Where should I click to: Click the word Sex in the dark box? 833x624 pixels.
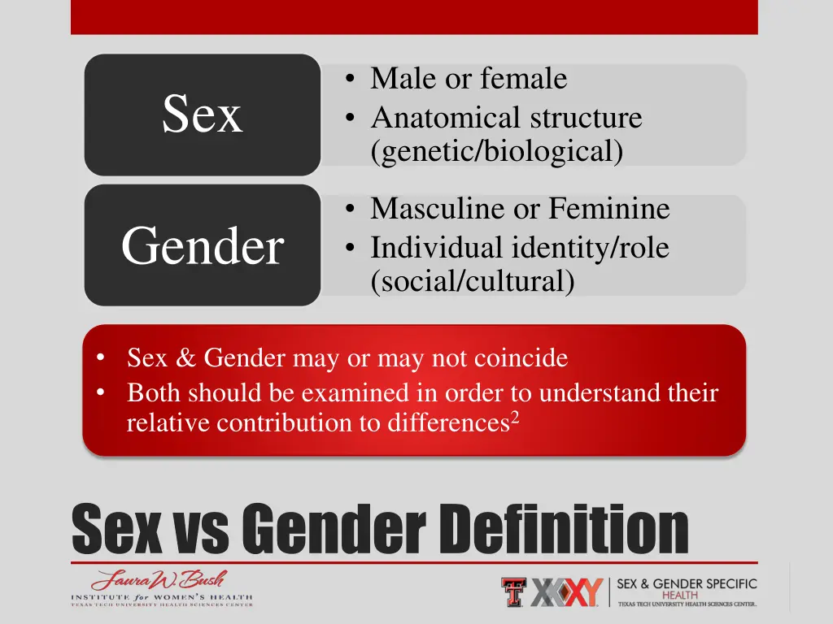202,115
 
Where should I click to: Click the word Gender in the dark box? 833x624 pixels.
202,246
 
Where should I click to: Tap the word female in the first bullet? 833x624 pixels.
524,80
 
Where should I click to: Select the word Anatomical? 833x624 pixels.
447,119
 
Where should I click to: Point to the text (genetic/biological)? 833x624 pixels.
496,152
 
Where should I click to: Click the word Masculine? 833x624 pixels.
438,210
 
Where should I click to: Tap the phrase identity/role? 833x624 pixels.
590,247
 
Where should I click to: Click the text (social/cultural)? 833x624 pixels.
472,282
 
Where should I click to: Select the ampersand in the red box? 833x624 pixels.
184,358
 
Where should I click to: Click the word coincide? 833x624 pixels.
522,358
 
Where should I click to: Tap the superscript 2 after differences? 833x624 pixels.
514,418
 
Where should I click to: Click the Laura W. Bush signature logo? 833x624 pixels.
159,581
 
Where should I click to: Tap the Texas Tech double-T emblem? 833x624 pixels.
513,591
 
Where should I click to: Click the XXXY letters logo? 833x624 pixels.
566,592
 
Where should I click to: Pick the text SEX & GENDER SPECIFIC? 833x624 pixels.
687,584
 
